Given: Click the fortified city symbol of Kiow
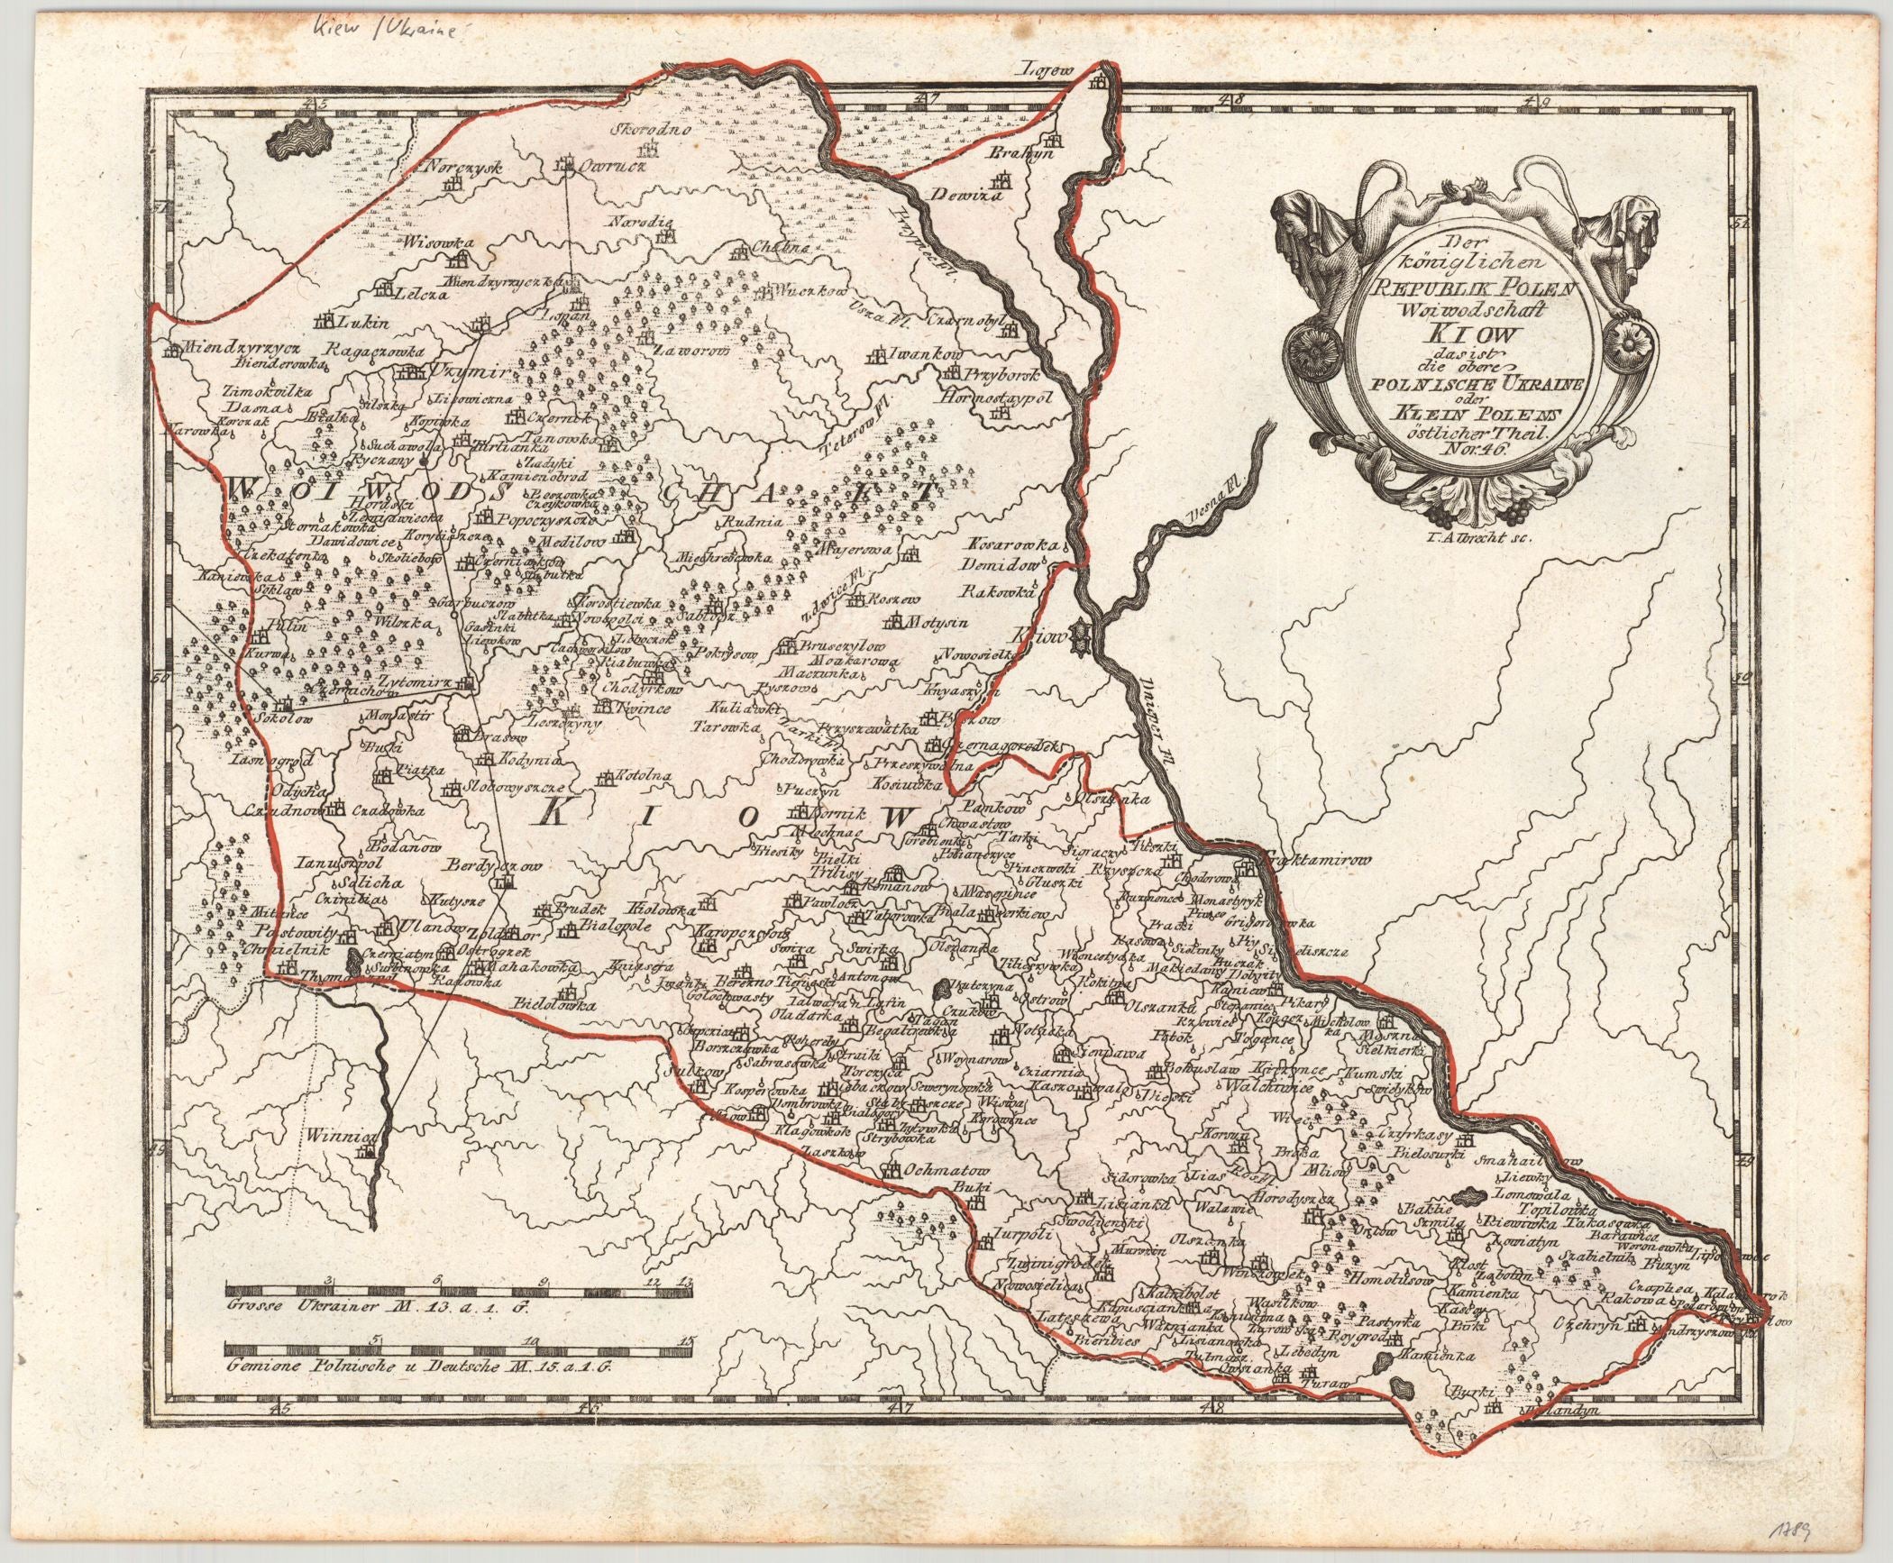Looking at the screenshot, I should point(1082,639).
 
